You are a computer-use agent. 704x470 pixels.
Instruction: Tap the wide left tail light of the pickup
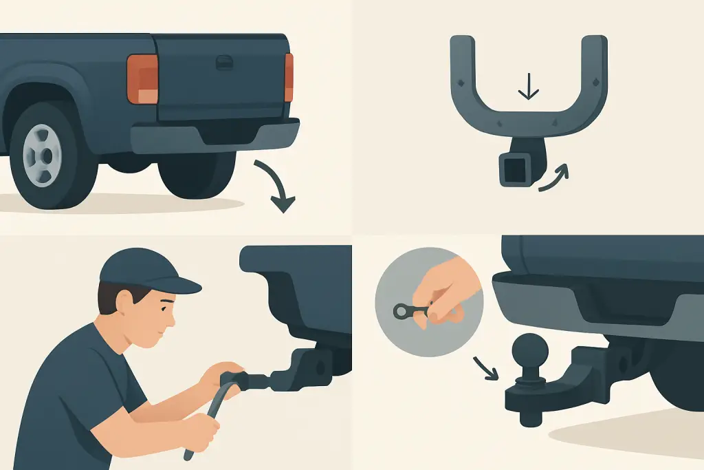coord(142,78)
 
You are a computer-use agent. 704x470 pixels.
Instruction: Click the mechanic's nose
coord(175,317)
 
